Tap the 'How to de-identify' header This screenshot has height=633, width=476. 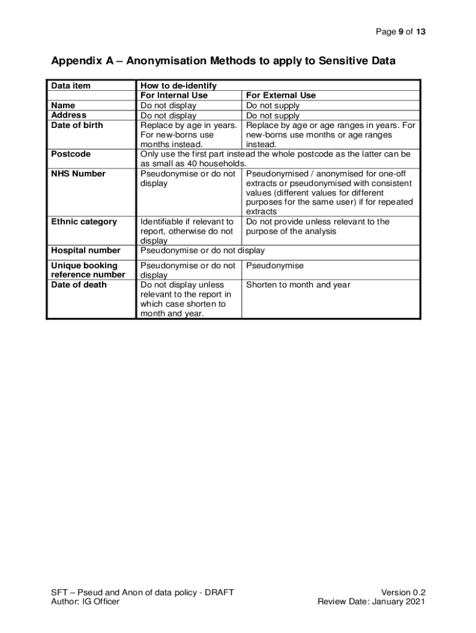[179, 86]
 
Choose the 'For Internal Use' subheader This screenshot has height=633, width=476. [174, 96]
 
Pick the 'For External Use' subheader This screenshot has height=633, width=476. [281, 96]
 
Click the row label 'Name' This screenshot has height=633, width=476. [63, 106]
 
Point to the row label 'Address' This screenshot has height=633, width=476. [69, 115]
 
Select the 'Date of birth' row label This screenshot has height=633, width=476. [77, 125]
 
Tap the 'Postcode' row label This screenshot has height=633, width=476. [70, 154]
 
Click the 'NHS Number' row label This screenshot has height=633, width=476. [78, 174]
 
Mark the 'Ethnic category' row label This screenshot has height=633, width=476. [83, 222]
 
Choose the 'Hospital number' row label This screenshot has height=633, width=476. [85, 250]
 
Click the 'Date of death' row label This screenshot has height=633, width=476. [79, 285]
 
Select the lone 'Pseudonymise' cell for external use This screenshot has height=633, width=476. [274, 266]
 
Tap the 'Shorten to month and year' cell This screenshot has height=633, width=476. [298, 285]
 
